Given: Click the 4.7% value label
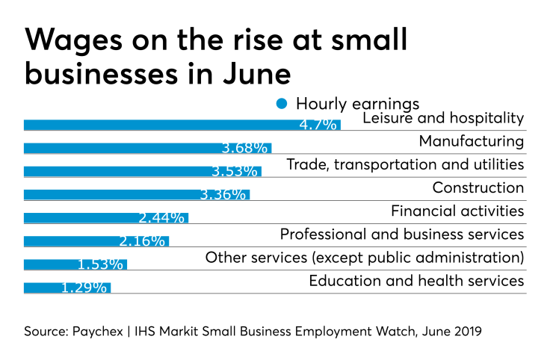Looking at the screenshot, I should (x=318, y=125).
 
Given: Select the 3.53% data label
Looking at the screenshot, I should (x=235, y=172).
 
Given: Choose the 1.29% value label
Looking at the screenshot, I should (x=84, y=288).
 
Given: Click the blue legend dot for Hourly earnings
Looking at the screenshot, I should (x=282, y=103).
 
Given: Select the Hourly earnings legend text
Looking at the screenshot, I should (x=357, y=103).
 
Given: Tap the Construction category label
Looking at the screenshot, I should (x=478, y=187).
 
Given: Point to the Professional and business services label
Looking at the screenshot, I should (x=402, y=235).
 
